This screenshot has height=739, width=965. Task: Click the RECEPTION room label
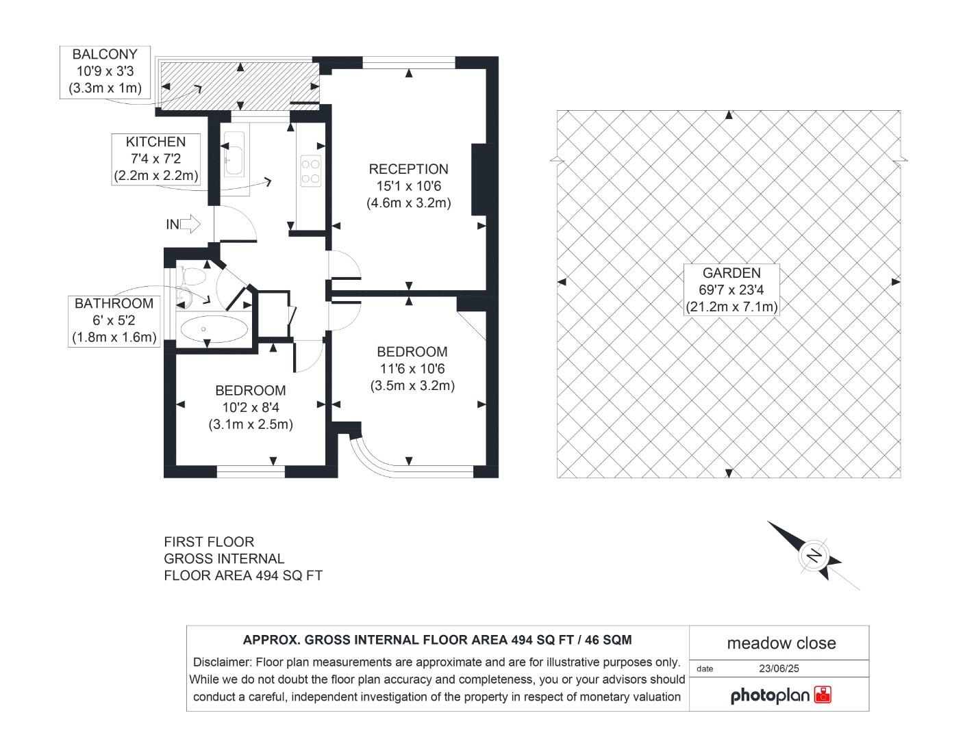tap(409, 186)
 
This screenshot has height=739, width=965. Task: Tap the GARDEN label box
tap(731, 289)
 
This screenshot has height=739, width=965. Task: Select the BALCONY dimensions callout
tap(105, 72)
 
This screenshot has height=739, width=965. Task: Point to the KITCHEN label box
tap(156, 159)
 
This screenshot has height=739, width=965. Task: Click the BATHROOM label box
tap(114, 321)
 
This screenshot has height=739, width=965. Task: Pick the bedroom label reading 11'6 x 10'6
tap(412, 369)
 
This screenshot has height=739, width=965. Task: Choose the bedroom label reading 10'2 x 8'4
tap(251, 407)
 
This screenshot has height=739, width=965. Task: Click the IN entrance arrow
tap(184, 224)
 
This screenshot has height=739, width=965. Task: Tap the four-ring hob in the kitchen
tap(310, 171)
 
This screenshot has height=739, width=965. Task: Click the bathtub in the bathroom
tap(214, 328)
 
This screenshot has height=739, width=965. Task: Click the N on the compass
tap(814, 556)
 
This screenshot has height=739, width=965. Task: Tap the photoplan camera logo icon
tap(823, 695)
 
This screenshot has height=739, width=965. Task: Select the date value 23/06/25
tap(779, 669)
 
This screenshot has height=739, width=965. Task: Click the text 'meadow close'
tap(781, 643)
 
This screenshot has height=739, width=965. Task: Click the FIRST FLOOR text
tap(209, 542)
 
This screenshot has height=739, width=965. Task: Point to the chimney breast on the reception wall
tap(479, 180)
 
